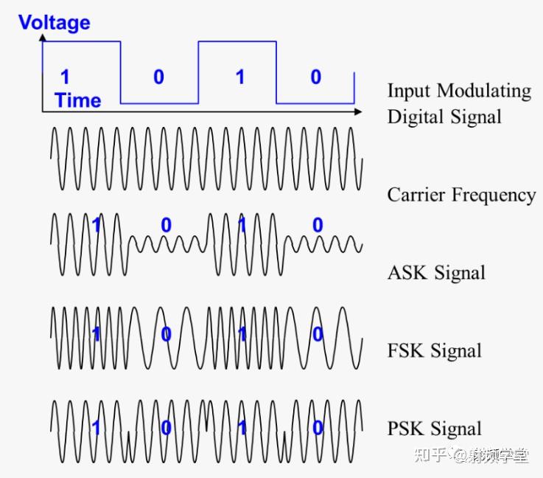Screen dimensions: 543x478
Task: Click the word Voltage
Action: (x=55, y=22)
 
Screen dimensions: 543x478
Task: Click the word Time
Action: (x=77, y=100)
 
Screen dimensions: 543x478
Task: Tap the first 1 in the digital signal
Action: (x=65, y=77)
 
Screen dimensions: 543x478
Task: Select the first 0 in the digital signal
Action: (x=158, y=77)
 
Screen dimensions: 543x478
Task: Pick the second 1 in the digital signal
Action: (x=239, y=77)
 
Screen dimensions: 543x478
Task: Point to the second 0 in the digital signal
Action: (x=315, y=77)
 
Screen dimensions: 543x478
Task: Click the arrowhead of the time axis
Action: (x=358, y=111)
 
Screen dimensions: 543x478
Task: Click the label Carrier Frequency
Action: (x=461, y=195)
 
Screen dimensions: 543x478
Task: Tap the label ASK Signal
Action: (x=436, y=272)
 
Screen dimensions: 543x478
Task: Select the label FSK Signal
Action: (x=435, y=350)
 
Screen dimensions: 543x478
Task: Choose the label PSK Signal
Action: (x=435, y=428)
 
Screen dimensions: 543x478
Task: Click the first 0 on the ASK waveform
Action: (x=166, y=225)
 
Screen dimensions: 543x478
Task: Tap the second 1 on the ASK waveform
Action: (x=242, y=225)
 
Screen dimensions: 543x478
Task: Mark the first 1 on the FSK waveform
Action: (x=95, y=335)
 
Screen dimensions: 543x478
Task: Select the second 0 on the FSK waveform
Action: (x=318, y=335)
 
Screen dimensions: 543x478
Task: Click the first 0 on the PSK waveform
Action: (x=167, y=428)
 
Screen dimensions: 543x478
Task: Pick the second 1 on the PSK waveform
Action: (x=242, y=428)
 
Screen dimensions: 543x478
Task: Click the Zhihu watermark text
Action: (x=472, y=454)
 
